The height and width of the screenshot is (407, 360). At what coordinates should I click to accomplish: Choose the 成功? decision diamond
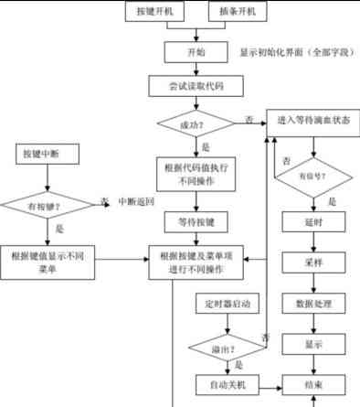pos(195,121)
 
